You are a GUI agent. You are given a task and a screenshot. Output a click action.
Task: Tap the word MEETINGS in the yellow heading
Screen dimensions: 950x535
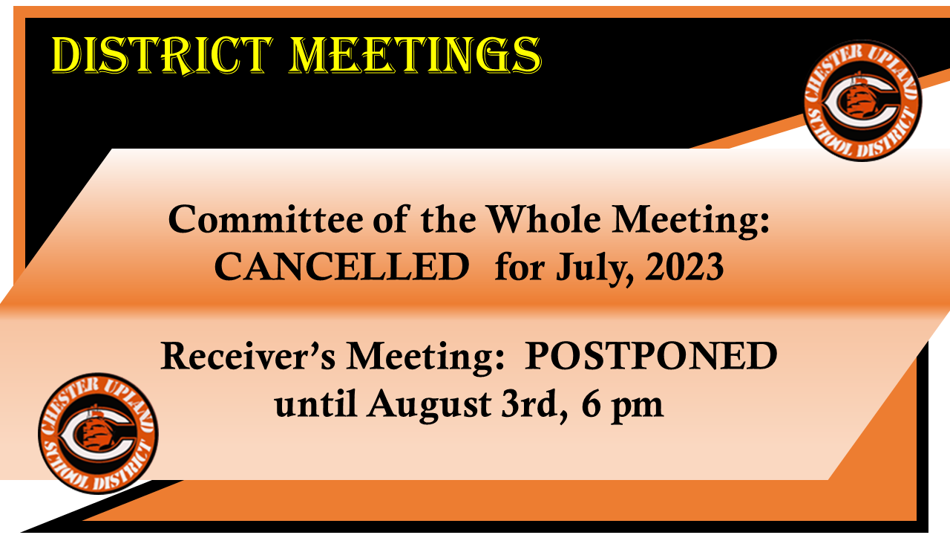[x=416, y=56]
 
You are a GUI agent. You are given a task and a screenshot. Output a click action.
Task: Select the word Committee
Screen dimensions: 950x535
[x=266, y=220]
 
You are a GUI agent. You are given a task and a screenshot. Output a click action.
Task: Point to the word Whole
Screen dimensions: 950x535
[x=544, y=219]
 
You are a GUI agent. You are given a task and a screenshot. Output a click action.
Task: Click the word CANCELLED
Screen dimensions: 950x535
[x=342, y=267]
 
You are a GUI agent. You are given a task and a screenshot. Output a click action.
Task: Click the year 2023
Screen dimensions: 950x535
[x=684, y=267]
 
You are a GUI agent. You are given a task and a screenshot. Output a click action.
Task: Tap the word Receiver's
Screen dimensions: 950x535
[x=248, y=356]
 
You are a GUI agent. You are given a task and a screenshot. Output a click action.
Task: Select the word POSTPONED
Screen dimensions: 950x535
[x=651, y=356]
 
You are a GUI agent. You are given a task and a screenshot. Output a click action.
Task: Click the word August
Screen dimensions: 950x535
[x=430, y=406]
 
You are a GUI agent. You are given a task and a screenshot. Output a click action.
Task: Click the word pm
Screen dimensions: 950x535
[x=637, y=409]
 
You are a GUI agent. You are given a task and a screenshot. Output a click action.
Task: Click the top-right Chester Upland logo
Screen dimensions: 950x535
[x=861, y=100]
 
